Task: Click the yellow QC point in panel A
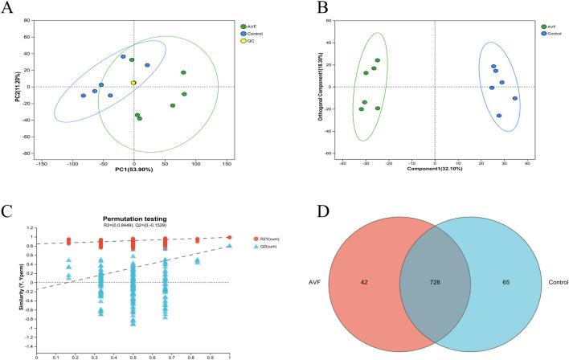click(134, 83)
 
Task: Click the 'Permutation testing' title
click(133, 219)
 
